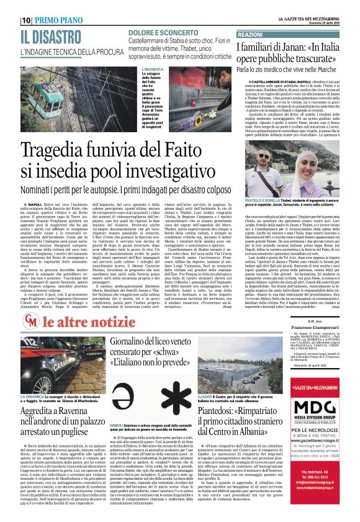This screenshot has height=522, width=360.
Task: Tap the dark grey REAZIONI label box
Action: point(250,35)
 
